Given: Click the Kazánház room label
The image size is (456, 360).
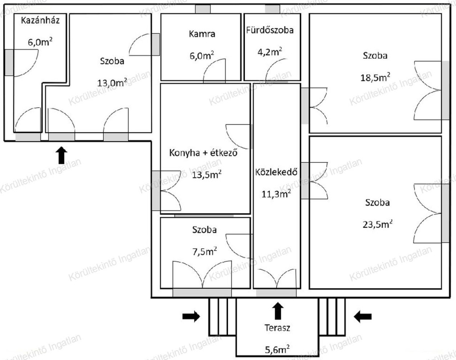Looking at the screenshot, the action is (x=41, y=20).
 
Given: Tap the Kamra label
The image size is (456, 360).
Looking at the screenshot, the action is (x=202, y=34).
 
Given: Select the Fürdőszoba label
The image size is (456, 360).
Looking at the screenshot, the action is (x=270, y=30).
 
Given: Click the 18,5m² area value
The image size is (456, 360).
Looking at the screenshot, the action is (x=375, y=77).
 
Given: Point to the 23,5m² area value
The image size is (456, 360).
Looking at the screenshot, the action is (x=378, y=224).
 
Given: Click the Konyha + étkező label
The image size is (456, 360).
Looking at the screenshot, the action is (x=203, y=153).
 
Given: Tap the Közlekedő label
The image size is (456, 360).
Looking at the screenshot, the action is (x=276, y=172).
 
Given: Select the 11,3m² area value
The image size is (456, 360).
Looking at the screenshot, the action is (x=276, y=194).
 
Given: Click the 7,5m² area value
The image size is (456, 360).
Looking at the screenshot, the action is (x=205, y=251).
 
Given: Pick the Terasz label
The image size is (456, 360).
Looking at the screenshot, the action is (x=277, y=328).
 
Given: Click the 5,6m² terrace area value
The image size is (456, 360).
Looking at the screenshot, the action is (x=277, y=349).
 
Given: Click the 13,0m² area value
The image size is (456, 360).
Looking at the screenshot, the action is (x=112, y=83).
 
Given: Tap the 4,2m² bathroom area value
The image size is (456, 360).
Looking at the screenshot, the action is (x=269, y=52).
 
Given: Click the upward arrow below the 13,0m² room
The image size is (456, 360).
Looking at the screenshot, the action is (x=61, y=155).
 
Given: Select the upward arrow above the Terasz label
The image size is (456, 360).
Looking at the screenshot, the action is (x=278, y=311).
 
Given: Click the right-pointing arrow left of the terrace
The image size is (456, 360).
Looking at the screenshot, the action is (x=191, y=316).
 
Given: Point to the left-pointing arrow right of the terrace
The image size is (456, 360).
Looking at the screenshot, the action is (x=362, y=316).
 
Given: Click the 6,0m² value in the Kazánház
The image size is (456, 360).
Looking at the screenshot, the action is (x=40, y=42).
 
